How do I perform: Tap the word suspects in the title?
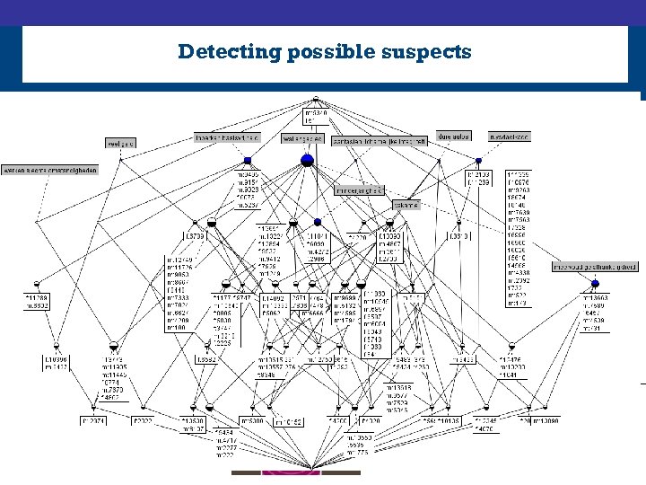coord(432,51)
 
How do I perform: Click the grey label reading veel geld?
coord(120,143)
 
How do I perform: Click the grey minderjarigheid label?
coord(360,190)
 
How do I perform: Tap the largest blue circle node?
coord(307,160)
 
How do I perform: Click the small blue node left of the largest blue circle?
coord(247,160)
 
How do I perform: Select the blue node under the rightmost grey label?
coord(478,160)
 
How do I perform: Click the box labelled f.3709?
coord(196,235)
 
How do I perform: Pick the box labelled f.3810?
coord(458,235)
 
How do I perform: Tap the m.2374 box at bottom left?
coord(93,419)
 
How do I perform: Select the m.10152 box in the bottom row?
coord(289,420)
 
